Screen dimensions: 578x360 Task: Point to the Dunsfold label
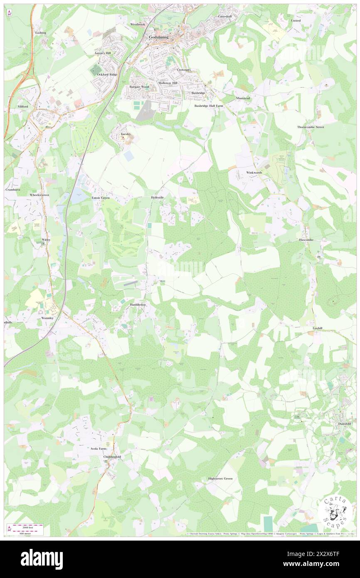[343, 424]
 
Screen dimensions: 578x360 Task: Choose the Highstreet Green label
[220, 479]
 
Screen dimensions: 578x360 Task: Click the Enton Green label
[101, 198]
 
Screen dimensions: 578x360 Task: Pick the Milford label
[22, 106]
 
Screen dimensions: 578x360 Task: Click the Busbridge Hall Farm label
[209, 106]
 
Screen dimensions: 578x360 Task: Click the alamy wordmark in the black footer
[42, 559]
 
